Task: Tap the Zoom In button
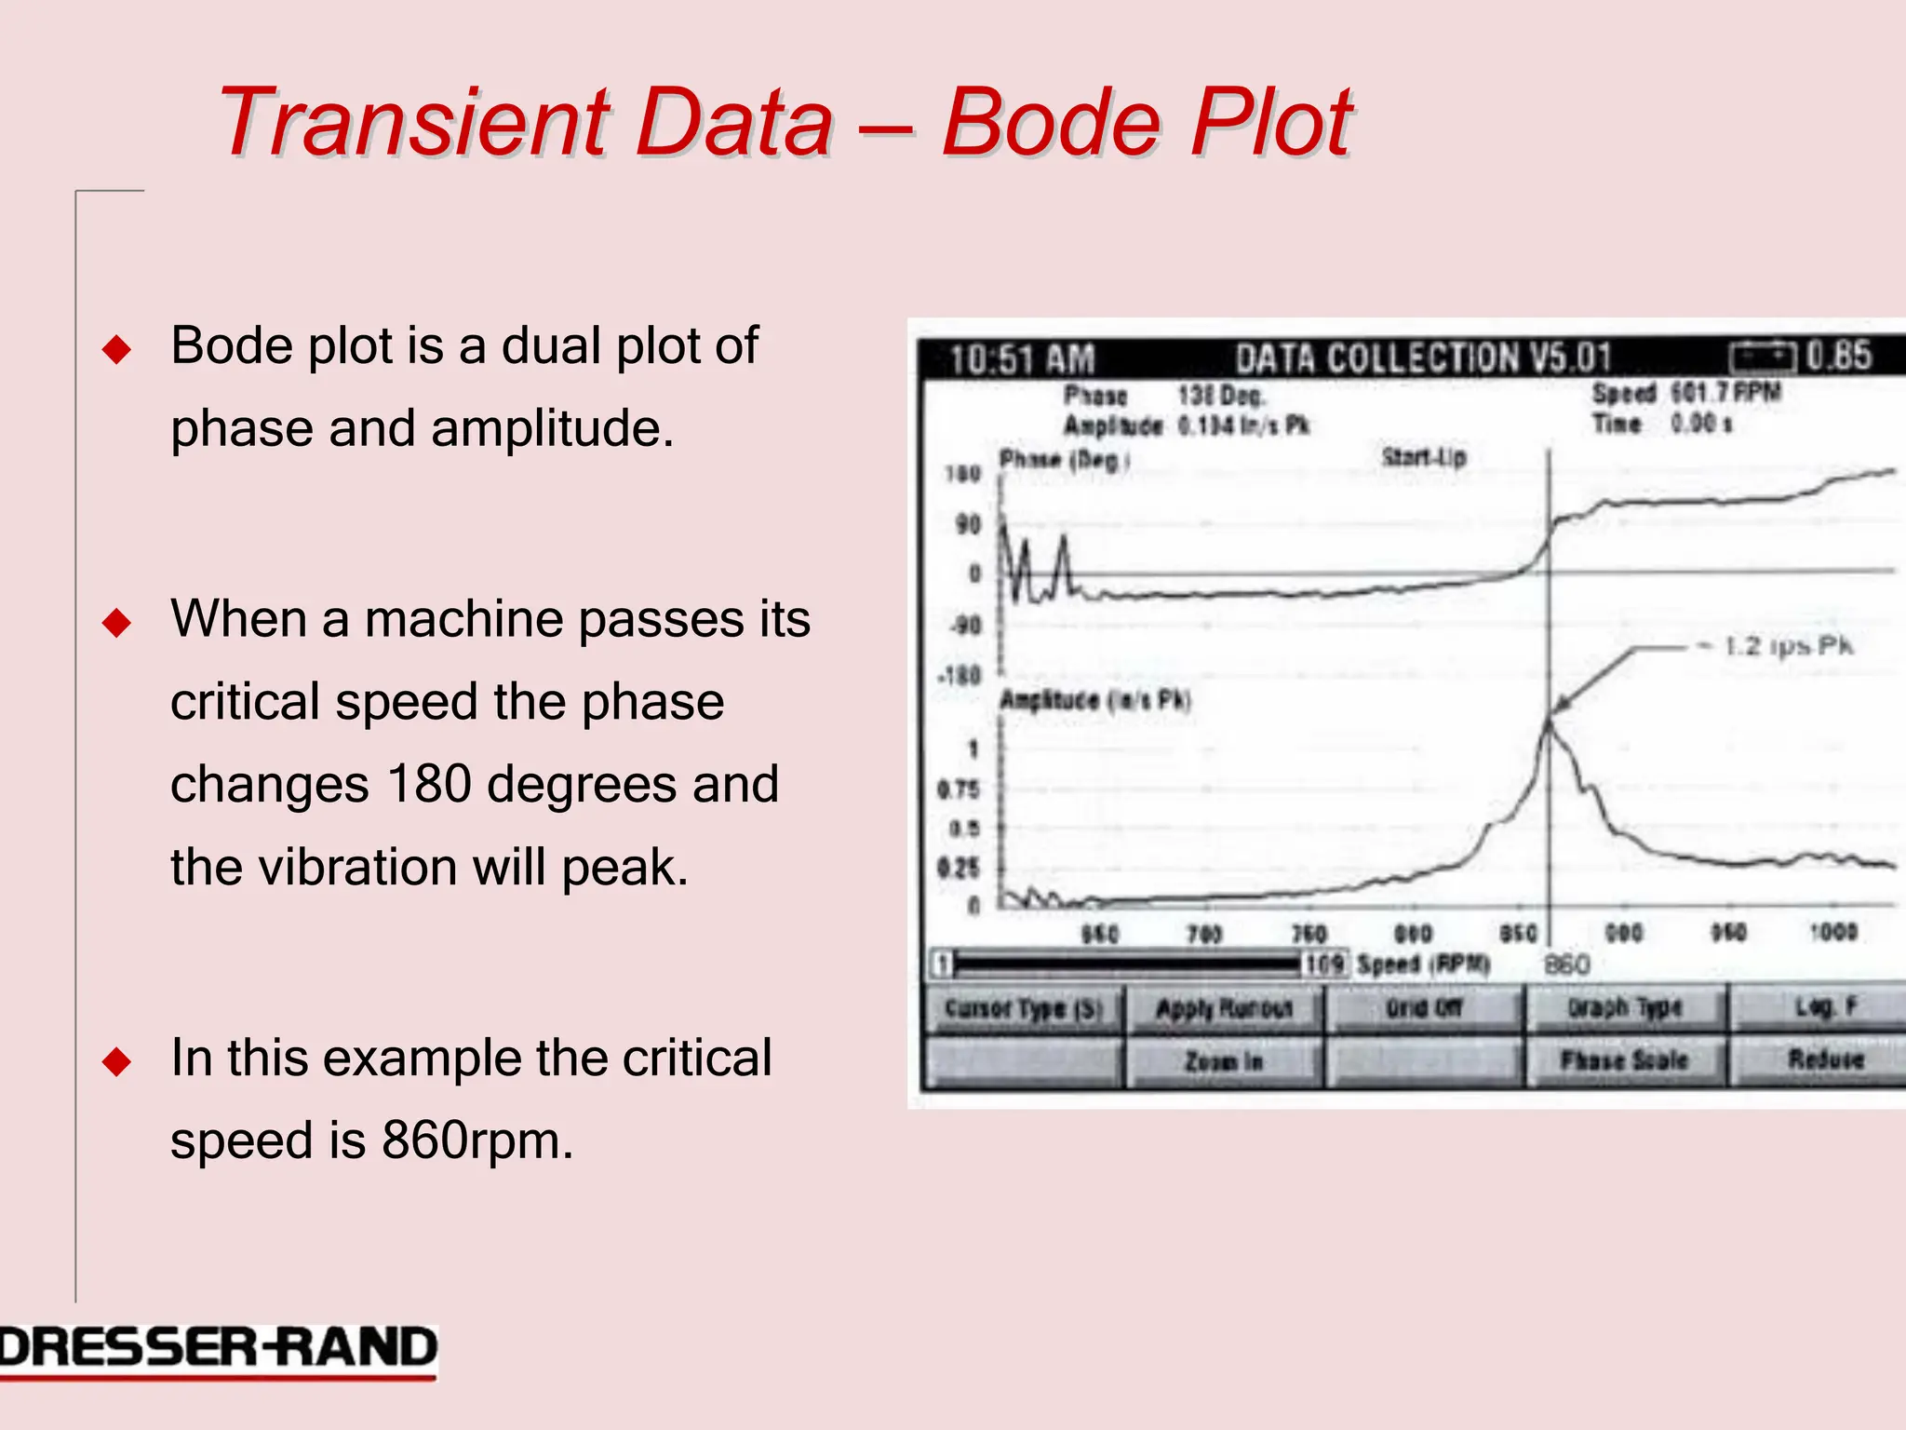(1223, 1061)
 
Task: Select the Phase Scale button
(1624, 1060)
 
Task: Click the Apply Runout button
(1223, 1009)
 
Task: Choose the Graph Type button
(1624, 1008)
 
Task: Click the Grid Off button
(1424, 1008)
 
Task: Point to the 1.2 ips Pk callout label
(1788, 646)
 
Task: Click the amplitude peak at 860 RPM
(1550, 720)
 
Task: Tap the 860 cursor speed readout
(1567, 965)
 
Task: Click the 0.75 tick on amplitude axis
(959, 790)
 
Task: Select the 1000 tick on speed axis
(1832, 932)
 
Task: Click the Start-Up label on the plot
(1424, 457)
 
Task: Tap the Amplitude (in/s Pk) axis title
(1094, 700)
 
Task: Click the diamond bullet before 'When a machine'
(117, 622)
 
